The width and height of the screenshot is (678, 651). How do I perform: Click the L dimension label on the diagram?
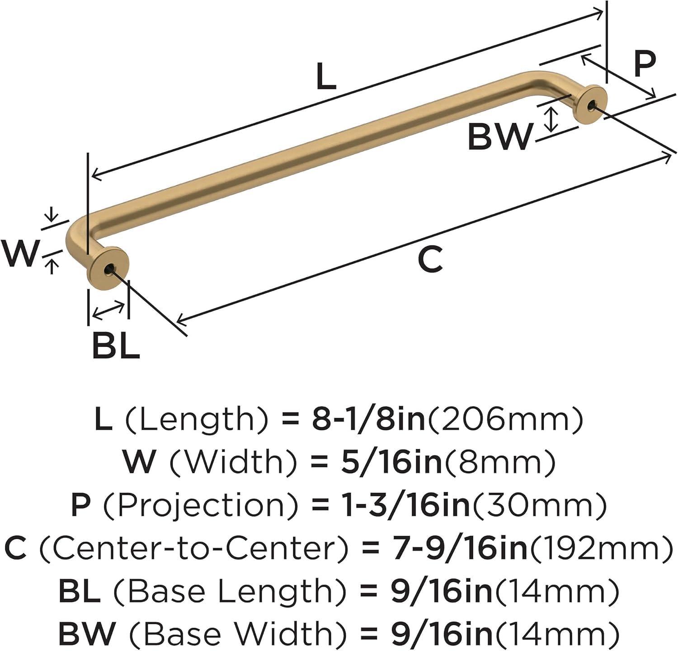pyautogui.click(x=326, y=76)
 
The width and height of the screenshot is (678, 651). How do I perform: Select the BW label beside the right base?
pyautogui.click(x=500, y=137)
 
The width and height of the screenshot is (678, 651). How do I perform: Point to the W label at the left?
pyautogui.click(x=19, y=254)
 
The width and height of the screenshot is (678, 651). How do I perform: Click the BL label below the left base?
pyautogui.click(x=116, y=345)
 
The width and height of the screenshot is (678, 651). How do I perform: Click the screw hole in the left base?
pyautogui.click(x=108, y=270)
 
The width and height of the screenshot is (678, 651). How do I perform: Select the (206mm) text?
pyautogui.click(x=505, y=420)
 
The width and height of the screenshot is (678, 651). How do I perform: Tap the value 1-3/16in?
pyautogui.click(x=391, y=505)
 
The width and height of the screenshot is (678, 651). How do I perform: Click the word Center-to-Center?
pyautogui.click(x=194, y=548)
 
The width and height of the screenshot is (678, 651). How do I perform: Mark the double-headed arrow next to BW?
pyautogui.click(x=551, y=119)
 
